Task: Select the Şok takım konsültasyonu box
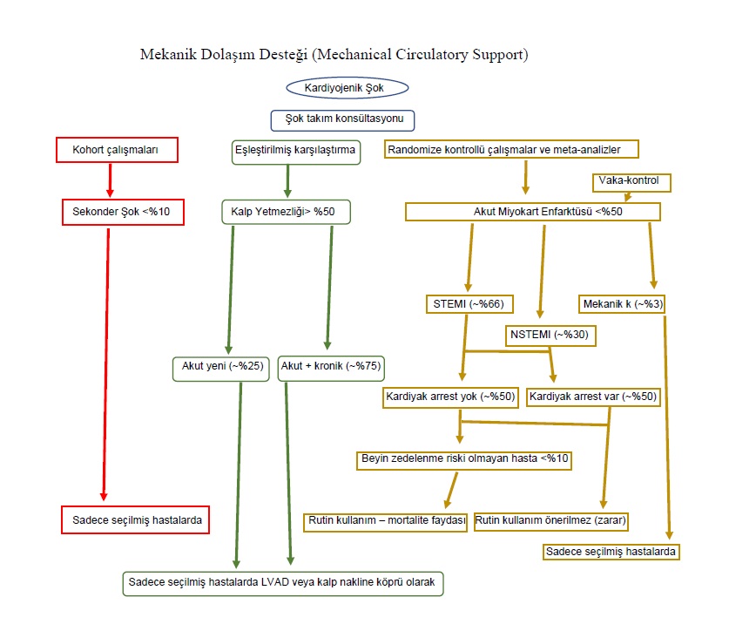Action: coord(342,119)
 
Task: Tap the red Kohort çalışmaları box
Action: coord(118,150)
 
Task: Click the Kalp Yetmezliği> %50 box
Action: coord(284,211)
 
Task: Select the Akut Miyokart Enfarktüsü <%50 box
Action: coord(532,211)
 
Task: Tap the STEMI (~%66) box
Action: coord(468,304)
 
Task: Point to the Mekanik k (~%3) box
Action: coord(622,304)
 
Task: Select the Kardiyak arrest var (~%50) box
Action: coord(593,397)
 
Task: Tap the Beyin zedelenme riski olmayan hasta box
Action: coord(466,459)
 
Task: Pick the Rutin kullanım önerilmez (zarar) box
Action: coord(552,521)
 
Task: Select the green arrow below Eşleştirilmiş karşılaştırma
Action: coord(287,180)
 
